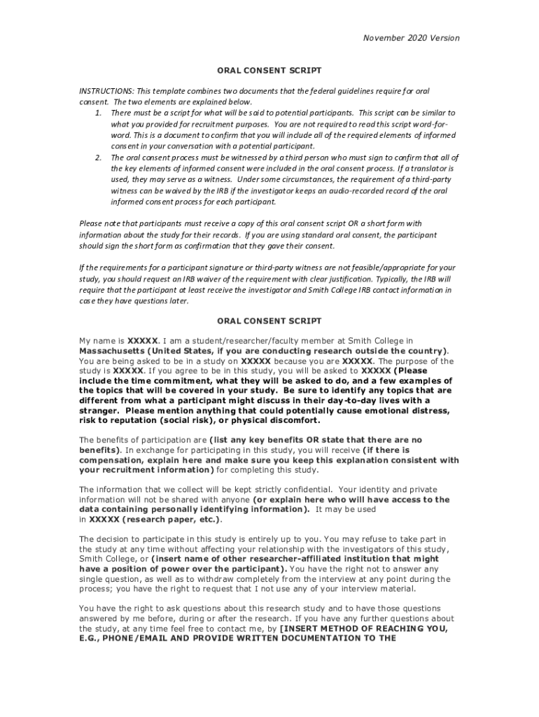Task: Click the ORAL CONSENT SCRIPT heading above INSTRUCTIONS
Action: (x=269, y=71)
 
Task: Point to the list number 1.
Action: (x=98, y=113)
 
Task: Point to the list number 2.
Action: (x=98, y=158)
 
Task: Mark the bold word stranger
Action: (x=99, y=411)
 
